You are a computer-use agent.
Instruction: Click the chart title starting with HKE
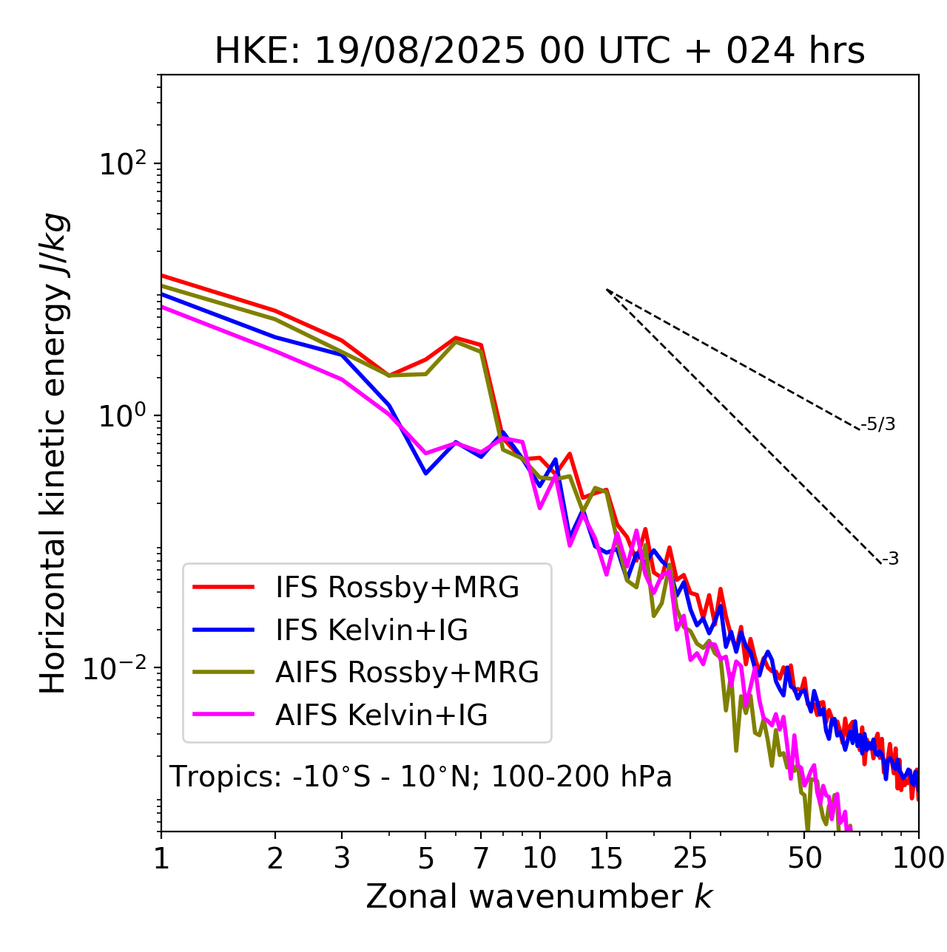[539, 52]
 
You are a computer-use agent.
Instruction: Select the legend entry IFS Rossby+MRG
[397, 588]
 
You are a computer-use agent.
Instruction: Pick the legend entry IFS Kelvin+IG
[371, 630]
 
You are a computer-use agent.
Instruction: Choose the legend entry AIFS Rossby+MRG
[407, 673]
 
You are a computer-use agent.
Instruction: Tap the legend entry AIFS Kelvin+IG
[381, 715]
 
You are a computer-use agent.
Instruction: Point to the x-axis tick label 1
[161, 858]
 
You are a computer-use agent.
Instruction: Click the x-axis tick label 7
[481, 858]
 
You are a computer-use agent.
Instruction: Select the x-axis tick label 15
[606, 858]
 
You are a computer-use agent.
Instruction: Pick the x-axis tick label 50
[804, 858]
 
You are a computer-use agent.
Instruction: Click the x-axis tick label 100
[918, 858]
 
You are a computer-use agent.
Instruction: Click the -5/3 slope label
[878, 425]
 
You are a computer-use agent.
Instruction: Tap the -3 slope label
[890, 560]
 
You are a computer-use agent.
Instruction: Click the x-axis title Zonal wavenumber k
[539, 897]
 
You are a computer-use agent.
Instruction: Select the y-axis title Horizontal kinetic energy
[53, 453]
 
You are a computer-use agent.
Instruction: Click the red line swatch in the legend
[223, 588]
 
